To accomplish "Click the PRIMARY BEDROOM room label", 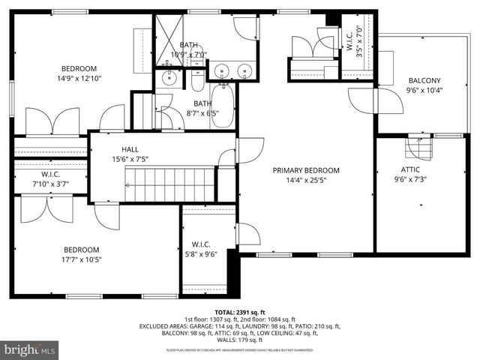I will (x=306, y=170).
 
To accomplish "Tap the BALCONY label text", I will (x=424, y=81).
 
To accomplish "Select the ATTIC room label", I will (x=410, y=169).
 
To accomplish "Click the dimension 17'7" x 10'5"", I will (x=81, y=259).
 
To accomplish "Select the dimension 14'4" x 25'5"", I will (x=306, y=181).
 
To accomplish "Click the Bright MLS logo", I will (x=30, y=349).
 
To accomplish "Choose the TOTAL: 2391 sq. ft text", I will (x=239, y=312).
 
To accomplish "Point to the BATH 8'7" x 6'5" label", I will (x=202, y=109).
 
